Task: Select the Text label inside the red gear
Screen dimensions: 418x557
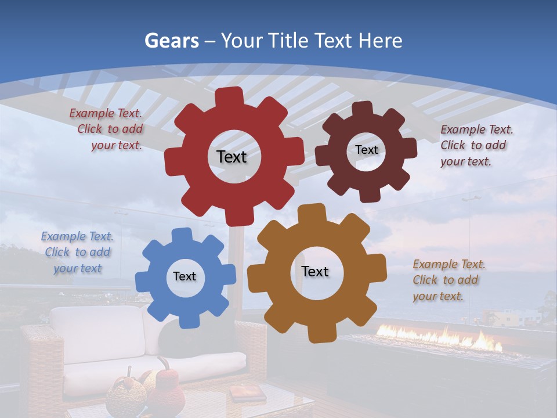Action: [x=232, y=157]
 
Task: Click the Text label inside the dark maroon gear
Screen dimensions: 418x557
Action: [x=366, y=150]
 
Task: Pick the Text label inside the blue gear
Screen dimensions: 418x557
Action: [x=185, y=276]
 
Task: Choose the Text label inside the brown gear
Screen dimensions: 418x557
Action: [x=315, y=271]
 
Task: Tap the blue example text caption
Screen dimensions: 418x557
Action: [x=77, y=253]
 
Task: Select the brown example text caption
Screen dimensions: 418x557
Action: [x=447, y=280]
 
